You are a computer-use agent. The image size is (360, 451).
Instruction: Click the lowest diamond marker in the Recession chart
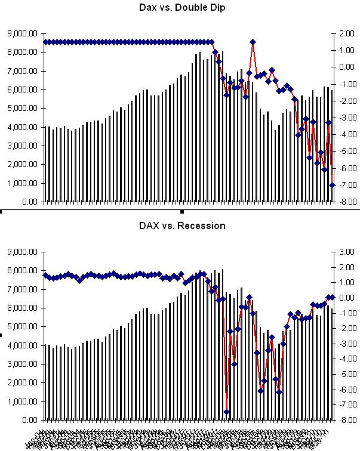(226, 412)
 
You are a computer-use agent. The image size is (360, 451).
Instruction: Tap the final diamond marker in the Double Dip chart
(333, 185)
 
